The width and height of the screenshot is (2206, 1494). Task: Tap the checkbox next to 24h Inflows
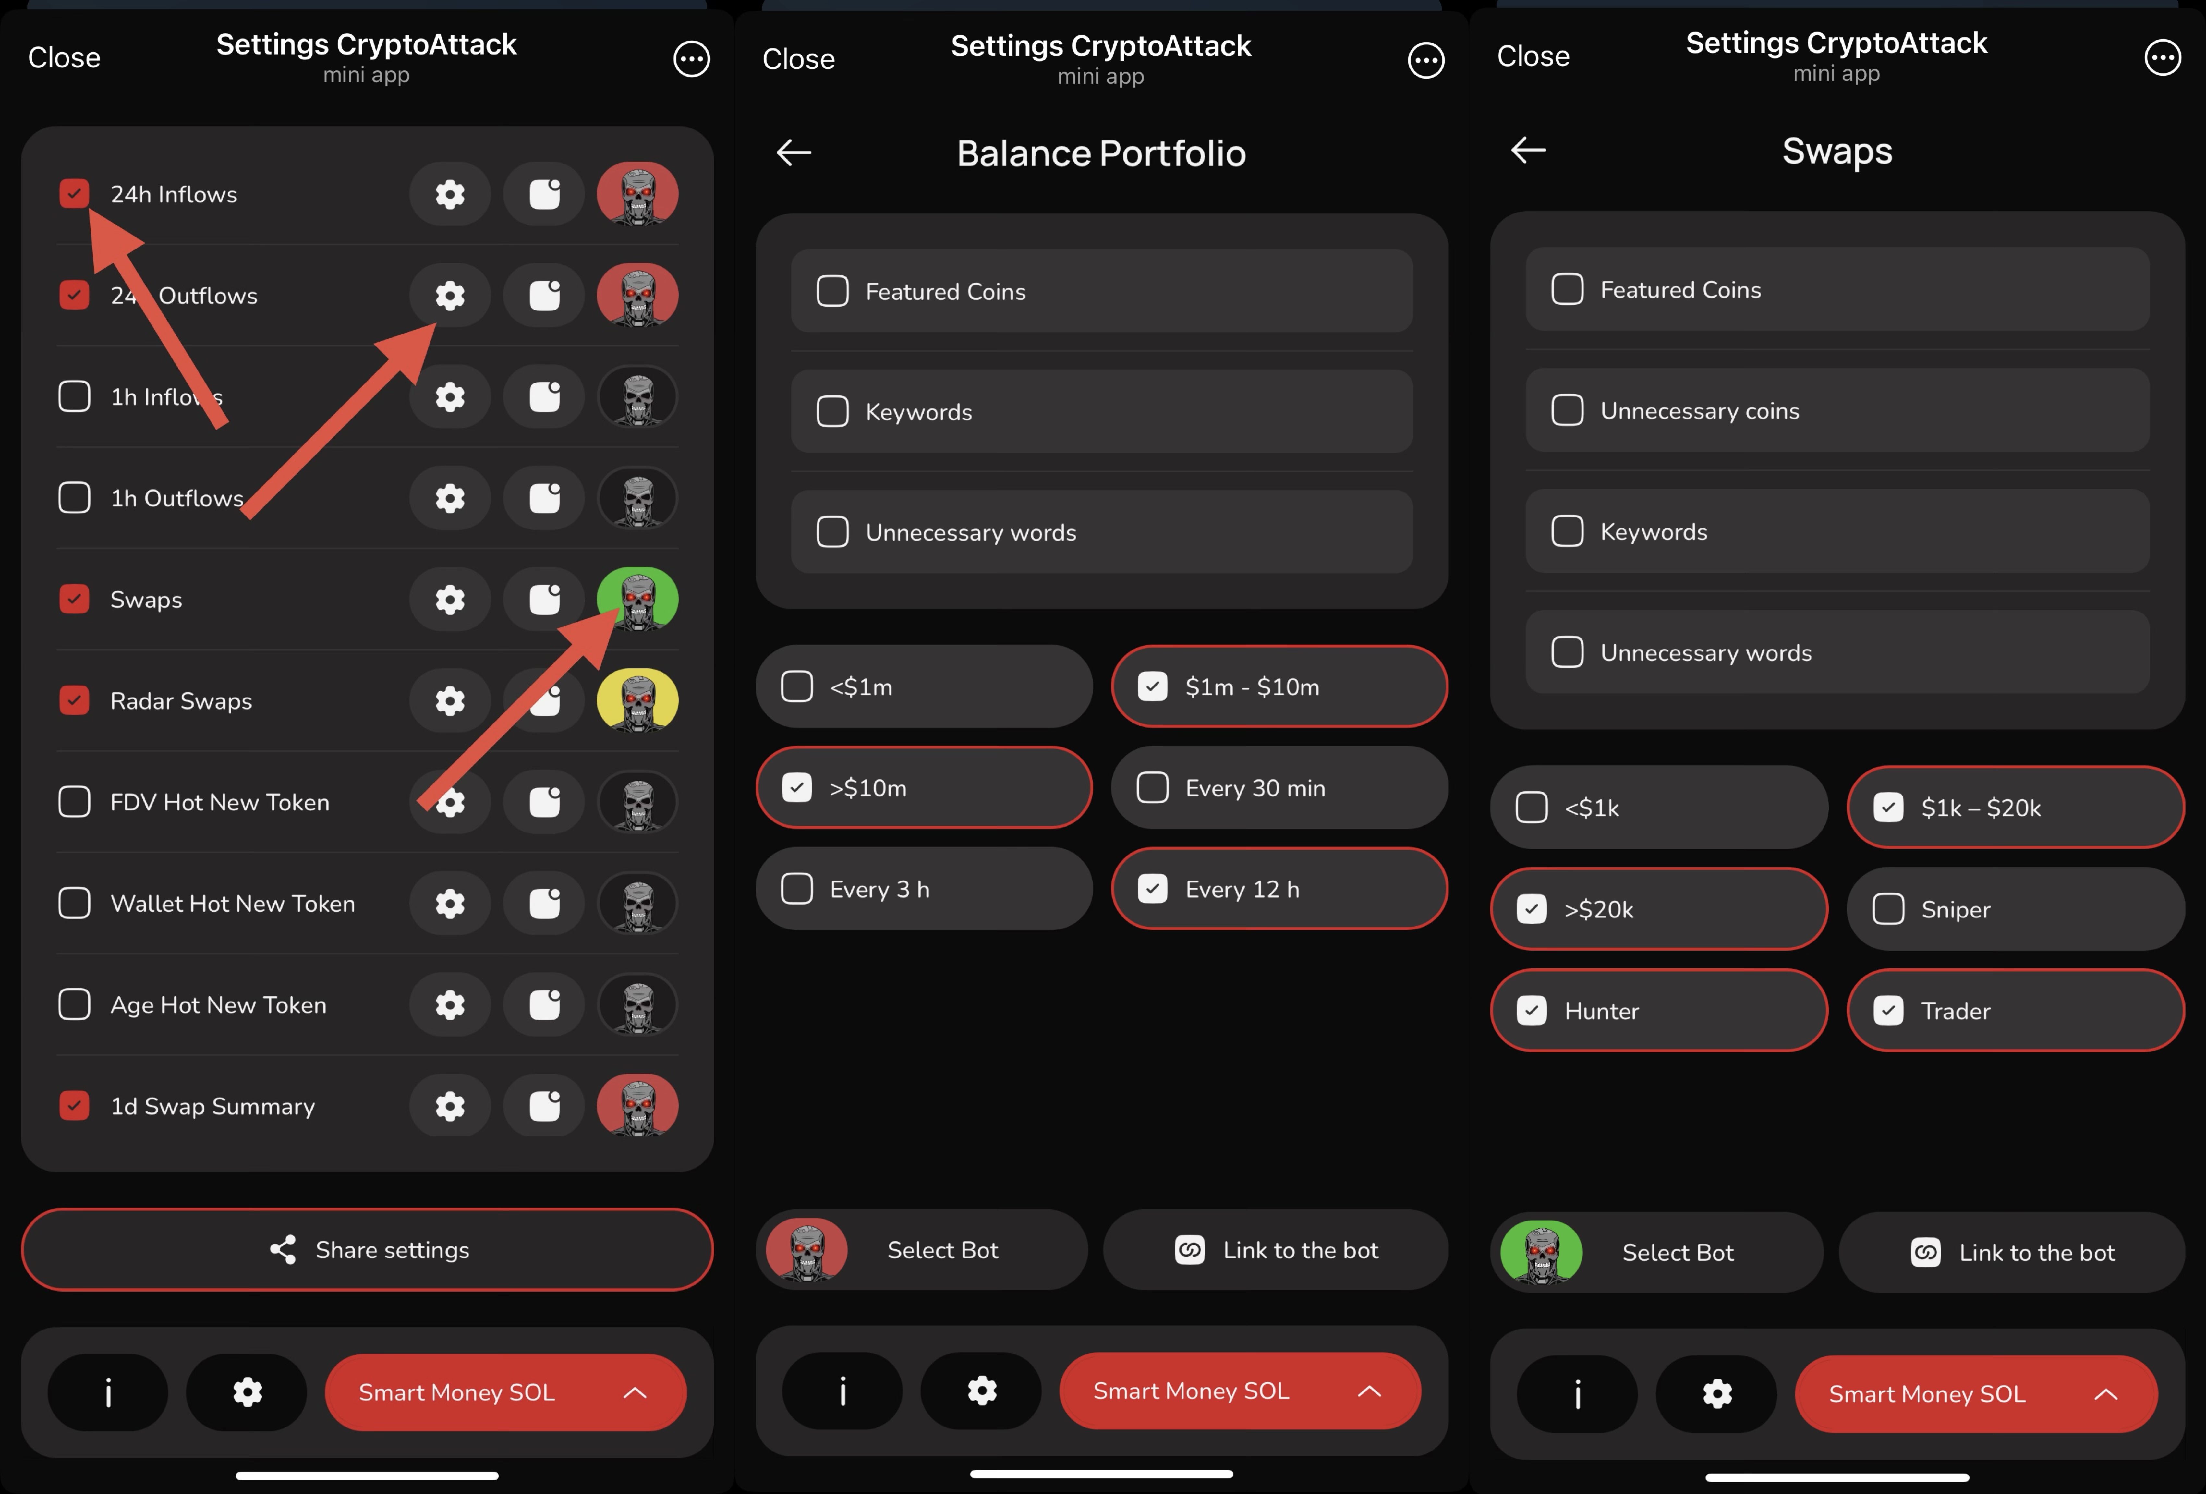[x=74, y=194]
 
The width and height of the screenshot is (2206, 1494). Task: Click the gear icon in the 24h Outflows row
[x=450, y=295]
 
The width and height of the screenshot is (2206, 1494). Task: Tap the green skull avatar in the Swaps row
[x=638, y=599]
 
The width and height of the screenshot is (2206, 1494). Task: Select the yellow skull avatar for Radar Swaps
[x=638, y=700]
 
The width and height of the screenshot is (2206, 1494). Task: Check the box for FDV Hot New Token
[x=74, y=802]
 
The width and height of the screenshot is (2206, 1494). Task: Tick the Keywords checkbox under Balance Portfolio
[x=832, y=412]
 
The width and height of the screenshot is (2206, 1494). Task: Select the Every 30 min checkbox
[x=1152, y=788]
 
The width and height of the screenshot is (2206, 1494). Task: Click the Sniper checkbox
[x=1888, y=909]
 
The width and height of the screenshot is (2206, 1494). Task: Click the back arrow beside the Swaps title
[x=1528, y=150]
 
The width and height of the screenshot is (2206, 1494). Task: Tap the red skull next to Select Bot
[x=807, y=1250]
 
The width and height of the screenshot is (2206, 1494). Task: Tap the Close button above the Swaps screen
[x=1533, y=56]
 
